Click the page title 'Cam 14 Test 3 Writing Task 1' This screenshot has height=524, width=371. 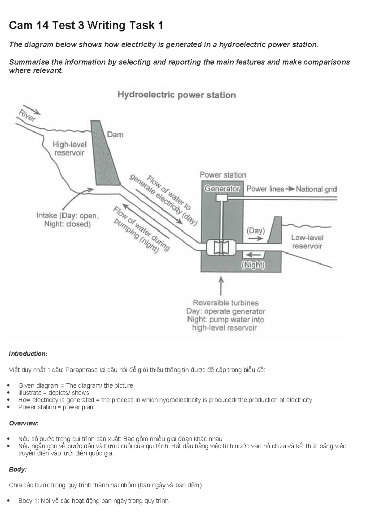coord(86,25)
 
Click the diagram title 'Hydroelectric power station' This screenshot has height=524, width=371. coord(177,95)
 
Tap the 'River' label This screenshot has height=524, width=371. coord(27,116)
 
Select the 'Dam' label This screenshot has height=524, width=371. coord(115,135)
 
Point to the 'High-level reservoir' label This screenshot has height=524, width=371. coord(69,149)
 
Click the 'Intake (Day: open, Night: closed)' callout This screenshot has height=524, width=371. coord(67,220)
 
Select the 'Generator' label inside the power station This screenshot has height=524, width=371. coord(222,188)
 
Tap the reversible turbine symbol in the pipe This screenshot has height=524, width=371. coord(221,247)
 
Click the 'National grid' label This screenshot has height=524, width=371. coord(316,189)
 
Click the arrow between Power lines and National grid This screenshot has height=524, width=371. coord(290,189)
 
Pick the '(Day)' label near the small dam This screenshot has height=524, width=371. coord(255,231)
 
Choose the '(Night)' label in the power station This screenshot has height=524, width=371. coord(253,265)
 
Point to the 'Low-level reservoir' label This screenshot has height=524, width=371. coord(307,242)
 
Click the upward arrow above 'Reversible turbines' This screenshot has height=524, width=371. coord(221,286)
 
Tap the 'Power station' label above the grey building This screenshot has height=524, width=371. coord(223,175)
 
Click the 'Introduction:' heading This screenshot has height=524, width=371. coord(28,354)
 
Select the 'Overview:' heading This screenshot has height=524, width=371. coord(24,423)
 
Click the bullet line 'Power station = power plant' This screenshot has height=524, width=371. coord(57,407)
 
